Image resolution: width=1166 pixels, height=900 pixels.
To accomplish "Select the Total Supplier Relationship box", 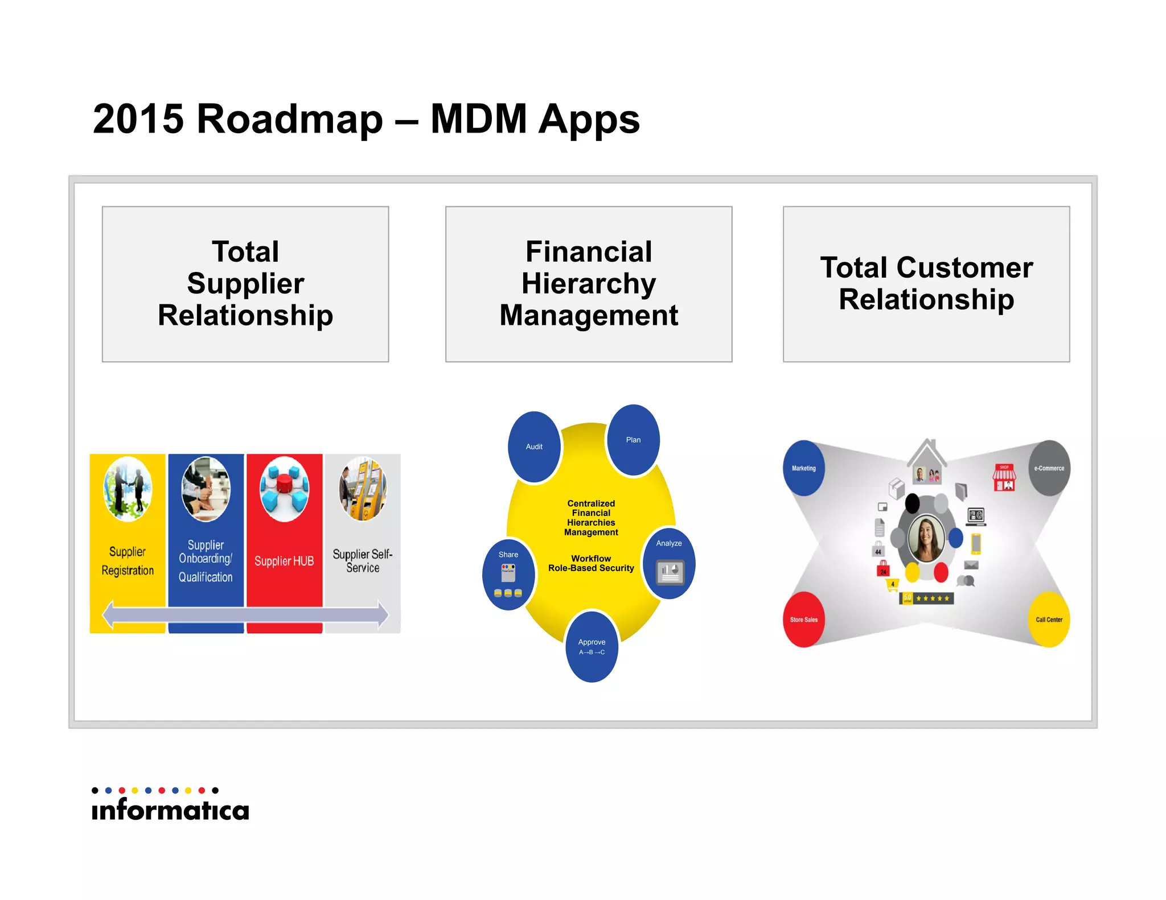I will [245, 284].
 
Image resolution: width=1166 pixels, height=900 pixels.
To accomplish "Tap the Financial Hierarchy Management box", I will [588, 284].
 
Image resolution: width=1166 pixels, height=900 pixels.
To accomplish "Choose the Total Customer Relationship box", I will [926, 284].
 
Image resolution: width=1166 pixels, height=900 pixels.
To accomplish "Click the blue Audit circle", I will [534, 447].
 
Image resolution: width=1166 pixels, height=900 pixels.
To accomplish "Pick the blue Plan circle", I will [633, 440].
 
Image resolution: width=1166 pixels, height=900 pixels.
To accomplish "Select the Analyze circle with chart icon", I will [669, 563].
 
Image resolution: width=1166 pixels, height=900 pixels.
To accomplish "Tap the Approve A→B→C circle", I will [592, 646].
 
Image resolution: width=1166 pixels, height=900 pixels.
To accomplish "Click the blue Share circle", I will [508, 573].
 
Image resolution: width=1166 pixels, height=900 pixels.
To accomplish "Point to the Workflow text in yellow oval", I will [591, 559].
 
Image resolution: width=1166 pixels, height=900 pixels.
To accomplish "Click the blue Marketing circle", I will [803, 468].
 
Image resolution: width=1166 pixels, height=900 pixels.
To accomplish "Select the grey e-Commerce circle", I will [1049, 468].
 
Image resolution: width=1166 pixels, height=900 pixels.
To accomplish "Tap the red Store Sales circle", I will [803, 620].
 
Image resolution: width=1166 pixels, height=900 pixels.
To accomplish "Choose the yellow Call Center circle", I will [1049, 620].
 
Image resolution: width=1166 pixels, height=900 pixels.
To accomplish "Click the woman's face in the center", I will [926, 538].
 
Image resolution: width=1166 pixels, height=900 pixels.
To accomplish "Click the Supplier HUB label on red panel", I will [284, 561].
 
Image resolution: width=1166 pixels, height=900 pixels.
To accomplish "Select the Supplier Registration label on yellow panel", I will [128, 561].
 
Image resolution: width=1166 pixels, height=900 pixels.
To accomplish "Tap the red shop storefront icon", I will [1004, 478].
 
